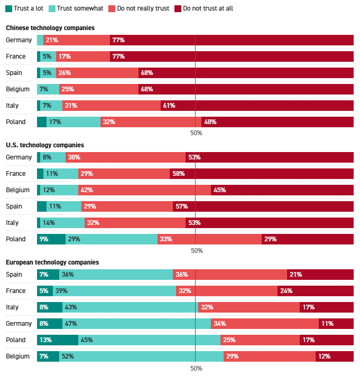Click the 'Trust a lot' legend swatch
tap(8, 8)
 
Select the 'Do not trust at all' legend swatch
tap(178, 8)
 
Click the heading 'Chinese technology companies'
tap(50, 27)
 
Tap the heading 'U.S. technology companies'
tap(45, 145)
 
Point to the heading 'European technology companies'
tap(52, 262)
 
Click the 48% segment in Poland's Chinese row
tap(278, 122)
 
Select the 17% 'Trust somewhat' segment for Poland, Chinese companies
tap(73, 122)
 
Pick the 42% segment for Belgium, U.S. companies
tap(144, 190)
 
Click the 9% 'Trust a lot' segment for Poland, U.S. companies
tap(51, 239)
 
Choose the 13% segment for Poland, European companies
tap(58, 340)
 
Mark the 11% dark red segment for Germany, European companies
tap(336, 324)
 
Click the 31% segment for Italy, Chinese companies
tap(112, 106)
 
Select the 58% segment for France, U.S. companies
tap(262, 174)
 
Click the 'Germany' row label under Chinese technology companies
tap(19, 40)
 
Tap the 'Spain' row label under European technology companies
tap(14, 275)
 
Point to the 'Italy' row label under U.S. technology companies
tap(12, 223)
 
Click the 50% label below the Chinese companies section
tap(196, 133)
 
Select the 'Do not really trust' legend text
tap(143, 8)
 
